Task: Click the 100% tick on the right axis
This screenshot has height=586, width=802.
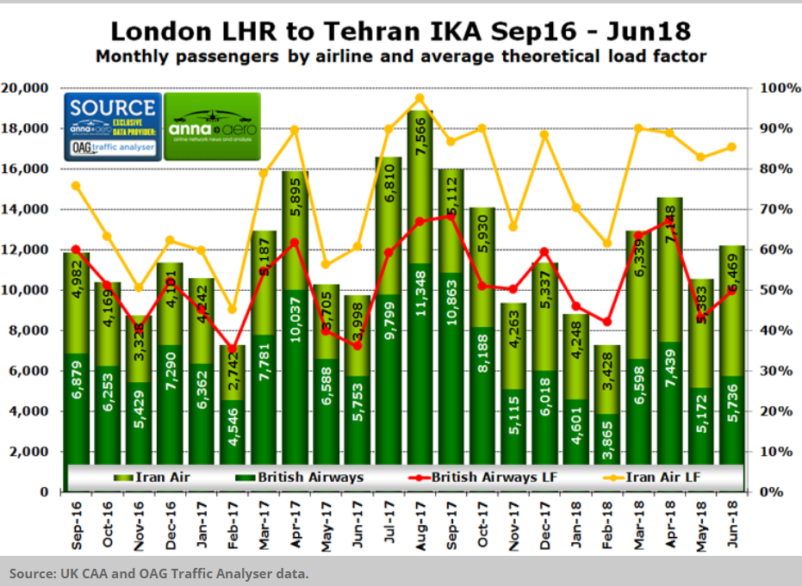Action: [x=774, y=89]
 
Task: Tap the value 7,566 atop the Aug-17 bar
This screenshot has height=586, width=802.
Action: [x=420, y=141]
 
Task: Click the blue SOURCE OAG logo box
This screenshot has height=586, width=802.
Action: [x=113, y=126]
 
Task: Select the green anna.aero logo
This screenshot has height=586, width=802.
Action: [x=212, y=126]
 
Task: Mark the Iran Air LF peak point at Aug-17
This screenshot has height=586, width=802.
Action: [x=420, y=97]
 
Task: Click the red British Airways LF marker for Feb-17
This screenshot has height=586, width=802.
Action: [x=231, y=349]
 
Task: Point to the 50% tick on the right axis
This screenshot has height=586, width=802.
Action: [x=771, y=290]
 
